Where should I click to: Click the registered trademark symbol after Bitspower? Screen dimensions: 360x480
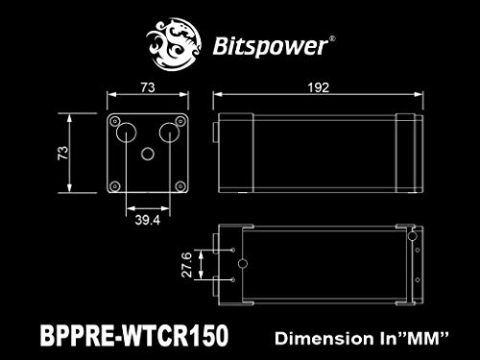pos(332,39)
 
